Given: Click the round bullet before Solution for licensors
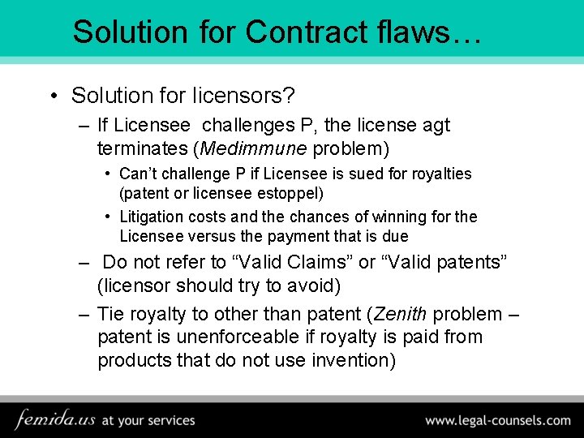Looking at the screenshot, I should [53, 96].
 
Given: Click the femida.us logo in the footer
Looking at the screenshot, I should [55, 420].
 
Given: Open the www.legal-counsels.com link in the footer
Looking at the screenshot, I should [498, 420].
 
